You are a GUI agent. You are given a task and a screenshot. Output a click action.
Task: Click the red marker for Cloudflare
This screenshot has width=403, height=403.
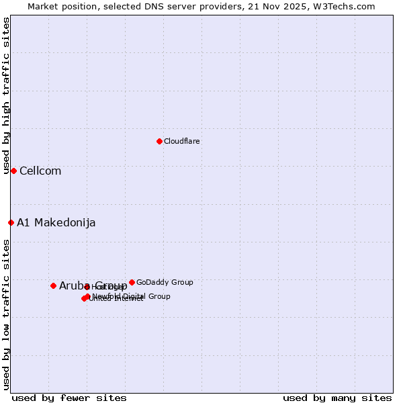159,141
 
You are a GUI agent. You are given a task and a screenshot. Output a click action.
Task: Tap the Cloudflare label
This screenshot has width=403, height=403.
182,141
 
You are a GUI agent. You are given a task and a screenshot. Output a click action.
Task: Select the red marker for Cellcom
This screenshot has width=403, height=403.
13,171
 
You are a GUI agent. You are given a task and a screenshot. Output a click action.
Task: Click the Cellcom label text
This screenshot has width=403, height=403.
40,171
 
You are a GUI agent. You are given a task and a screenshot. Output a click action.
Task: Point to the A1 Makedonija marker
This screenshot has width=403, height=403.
11,222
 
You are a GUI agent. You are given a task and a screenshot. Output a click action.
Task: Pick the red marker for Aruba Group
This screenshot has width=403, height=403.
53,285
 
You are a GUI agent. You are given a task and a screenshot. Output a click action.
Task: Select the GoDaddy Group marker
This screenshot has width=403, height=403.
132,282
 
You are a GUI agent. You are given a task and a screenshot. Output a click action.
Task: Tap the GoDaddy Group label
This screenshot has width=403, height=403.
165,282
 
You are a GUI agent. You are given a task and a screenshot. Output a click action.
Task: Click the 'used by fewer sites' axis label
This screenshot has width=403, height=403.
69,398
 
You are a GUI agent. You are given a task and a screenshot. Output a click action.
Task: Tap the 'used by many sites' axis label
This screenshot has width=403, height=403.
337,398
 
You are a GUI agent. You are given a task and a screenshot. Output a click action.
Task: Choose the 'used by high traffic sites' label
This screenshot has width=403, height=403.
6,96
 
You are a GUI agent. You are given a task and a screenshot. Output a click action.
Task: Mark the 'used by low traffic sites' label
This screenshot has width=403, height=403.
6,314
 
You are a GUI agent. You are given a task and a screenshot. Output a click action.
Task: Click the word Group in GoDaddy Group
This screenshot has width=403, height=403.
181,282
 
